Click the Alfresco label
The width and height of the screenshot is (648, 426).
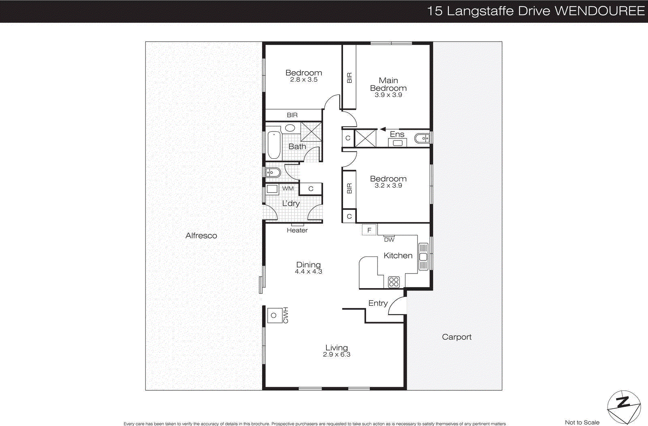[x=201, y=235]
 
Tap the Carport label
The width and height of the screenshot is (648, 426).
[x=456, y=337]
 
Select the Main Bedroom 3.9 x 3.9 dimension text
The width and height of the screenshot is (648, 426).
[x=388, y=95]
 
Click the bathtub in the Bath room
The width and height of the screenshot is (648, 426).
[x=274, y=144]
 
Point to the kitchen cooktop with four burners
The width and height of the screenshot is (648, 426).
[x=394, y=282]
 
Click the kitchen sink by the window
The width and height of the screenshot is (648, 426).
[x=423, y=256]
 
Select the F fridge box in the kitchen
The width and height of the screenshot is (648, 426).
[x=369, y=230]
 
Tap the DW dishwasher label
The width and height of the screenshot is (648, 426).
[x=389, y=239]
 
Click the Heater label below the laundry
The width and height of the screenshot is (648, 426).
[x=297, y=230]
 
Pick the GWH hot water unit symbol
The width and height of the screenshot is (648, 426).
[x=274, y=315]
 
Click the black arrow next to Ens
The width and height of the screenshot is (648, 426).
[x=382, y=129]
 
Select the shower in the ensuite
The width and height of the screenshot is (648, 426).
[x=365, y=138]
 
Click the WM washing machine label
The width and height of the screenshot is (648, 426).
[x=288, y=189]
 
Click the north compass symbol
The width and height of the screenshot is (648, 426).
[x=624, y=407]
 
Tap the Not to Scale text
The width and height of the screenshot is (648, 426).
[x=582, y=422]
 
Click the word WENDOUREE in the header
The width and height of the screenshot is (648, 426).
[x=599, y=11]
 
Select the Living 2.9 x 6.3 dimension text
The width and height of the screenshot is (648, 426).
[x=337, y=354]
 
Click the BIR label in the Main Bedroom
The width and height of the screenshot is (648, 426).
[x=349, y=78]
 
